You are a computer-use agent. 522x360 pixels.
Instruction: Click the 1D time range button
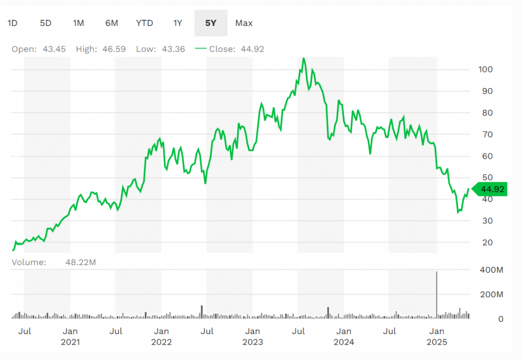13,23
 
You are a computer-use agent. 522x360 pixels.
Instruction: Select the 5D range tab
46,23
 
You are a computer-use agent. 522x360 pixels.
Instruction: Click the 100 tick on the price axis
488,69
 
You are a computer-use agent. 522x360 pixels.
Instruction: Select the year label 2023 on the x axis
252,342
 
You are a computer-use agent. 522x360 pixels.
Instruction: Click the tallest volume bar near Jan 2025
437,296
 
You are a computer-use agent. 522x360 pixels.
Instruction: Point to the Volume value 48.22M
81,263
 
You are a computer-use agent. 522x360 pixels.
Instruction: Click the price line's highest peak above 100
304,58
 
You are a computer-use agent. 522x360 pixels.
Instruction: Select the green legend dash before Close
200,49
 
